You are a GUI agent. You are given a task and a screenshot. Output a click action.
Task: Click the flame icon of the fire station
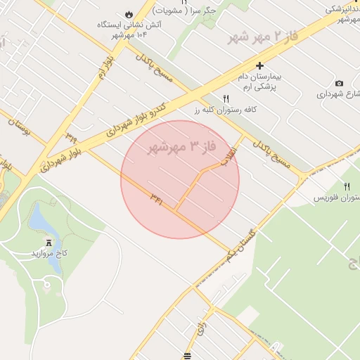pyautogui.click(x=128, y=15)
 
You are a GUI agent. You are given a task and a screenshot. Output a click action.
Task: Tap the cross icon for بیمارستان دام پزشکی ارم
pyautogui.click(x=259, y=65)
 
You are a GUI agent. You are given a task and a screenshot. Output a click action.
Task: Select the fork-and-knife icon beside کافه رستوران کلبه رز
pyautogui.click(x=226, y=99)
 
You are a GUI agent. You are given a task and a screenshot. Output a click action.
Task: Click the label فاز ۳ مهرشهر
pyautogui.click(x=180, y=148)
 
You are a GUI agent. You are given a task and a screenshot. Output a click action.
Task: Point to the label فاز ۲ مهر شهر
pyautogui.click(x=253, y=38)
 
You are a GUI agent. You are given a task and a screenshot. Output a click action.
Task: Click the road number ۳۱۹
pyautogui.click(x=71, y=136)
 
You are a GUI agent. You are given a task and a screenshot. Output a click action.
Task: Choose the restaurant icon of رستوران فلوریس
pyautogui.click(x=347, y=186)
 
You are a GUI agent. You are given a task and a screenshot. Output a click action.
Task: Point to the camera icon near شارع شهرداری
pyautogui.click(x=340, y=84)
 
